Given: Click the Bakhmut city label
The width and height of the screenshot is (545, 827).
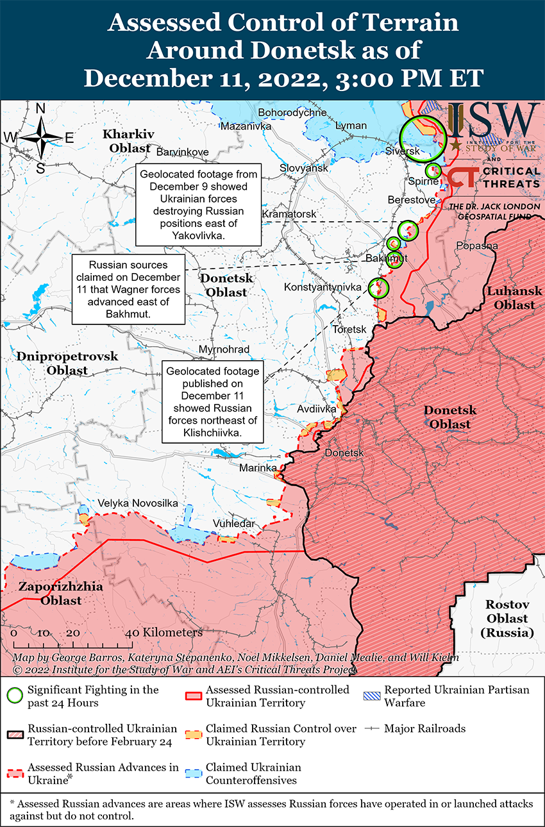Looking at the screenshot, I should click(x=386, y=258).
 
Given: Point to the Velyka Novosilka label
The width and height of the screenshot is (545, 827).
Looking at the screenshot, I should click(x=137, y=503).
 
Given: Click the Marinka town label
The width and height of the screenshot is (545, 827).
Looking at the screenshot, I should click(x=258, y=468).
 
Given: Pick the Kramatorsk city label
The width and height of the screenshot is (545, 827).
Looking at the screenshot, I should click(x=289, y=213).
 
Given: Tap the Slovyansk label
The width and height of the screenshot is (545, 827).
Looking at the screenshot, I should click(x=303, y=168).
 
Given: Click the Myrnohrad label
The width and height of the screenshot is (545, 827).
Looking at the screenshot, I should click(x=224, y=349).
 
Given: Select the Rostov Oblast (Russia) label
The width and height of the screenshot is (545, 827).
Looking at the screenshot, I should click(x=507, y=619).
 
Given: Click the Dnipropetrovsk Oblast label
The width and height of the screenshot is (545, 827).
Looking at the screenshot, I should click(x=67, y=363).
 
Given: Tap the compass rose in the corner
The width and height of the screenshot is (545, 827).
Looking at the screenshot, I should click(x=40, y=138).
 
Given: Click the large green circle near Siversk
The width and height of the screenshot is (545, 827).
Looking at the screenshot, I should click(x=422, y=139).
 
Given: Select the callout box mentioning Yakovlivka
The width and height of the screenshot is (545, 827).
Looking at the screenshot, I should click(x=198, y=205).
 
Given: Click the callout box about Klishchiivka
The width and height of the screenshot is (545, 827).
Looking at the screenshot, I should click(x=212, y=403).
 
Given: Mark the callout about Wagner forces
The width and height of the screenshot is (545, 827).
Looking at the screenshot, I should click(x=128, y=289).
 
